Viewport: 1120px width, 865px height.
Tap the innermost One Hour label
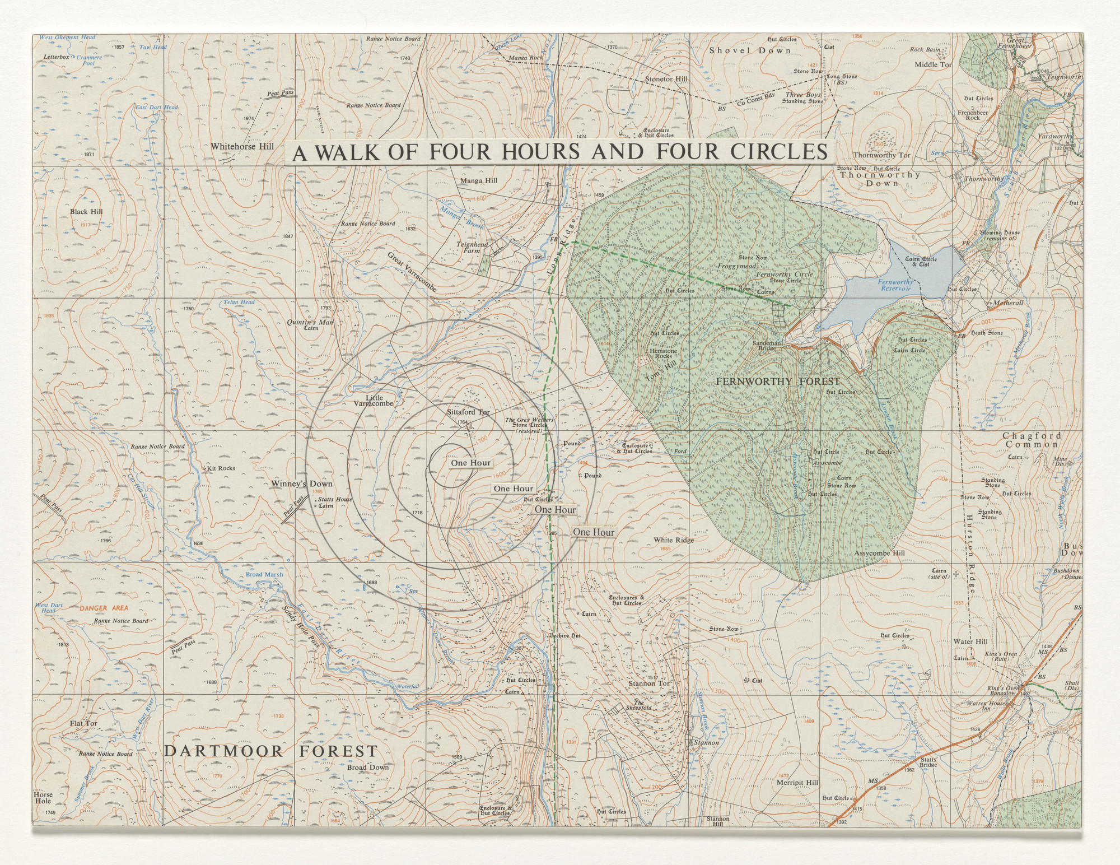pos(470,463)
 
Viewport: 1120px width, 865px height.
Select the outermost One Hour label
pos(594,532)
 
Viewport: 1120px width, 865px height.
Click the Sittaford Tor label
pos(468,412)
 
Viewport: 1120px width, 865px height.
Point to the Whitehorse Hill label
pos(242,146)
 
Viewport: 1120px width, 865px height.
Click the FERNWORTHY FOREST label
pos(778,382)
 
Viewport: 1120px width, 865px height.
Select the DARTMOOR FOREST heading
pos(271,751)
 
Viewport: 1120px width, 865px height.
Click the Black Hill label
pos(86,212)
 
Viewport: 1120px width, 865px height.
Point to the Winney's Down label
pos(302,483)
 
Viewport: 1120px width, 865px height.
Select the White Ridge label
pos(674,540)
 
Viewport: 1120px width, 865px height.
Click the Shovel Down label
pos(750,50)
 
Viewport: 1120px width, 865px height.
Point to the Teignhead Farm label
pos(473,248)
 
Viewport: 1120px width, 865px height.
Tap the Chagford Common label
pos(1032,440)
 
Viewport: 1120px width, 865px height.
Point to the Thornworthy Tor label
pos(882,155)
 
